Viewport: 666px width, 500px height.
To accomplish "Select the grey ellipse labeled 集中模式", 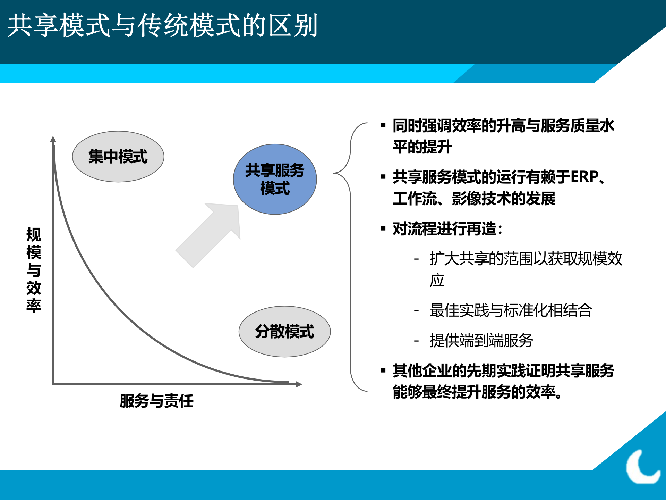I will (118, 157).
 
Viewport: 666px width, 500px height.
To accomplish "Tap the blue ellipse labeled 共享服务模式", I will (275, 179).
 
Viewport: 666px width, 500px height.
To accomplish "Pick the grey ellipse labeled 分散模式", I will (284, 332).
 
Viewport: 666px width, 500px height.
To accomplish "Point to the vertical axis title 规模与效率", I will (34, 270).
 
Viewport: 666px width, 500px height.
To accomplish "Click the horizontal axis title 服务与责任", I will (156, 401).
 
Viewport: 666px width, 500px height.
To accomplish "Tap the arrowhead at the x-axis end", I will (299, 384).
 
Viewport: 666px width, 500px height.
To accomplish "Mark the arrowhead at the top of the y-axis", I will (53, 139).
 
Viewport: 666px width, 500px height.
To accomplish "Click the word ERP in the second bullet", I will (584, 177).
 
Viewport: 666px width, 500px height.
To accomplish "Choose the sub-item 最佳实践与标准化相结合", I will (511, 310).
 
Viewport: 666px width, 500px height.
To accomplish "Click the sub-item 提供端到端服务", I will (481, 341).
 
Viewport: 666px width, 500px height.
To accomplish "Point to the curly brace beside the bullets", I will (350, 257).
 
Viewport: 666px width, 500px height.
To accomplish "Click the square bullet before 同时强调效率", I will (383, 126).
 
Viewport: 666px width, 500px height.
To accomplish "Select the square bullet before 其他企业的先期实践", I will (383, 371).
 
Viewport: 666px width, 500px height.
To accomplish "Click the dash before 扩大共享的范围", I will (416, 259).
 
